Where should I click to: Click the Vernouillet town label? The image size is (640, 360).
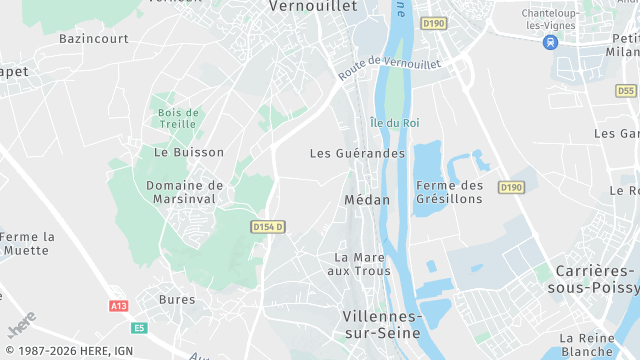tap(313, 6)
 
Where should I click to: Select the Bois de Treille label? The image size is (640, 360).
tap(179, 118)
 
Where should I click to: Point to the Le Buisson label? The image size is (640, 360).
tap(181, 152)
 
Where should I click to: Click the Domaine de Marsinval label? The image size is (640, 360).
tap(185, 192)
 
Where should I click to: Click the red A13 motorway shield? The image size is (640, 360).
tap(118, 305)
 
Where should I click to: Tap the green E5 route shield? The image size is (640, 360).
tap(138, 327)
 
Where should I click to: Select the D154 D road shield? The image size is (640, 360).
tap(268, 227)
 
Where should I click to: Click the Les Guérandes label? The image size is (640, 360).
tap(357, 153)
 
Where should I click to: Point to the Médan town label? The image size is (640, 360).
tap(367, 199)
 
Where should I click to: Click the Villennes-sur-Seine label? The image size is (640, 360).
tap(383, 322)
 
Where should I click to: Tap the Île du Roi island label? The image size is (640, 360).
tap(394, 123)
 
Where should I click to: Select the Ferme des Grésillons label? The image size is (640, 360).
tap(449, 192)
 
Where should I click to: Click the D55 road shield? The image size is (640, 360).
tap(626, 90)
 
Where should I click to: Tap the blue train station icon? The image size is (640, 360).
tap(549, 42)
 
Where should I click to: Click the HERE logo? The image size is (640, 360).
tap(22, 327)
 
